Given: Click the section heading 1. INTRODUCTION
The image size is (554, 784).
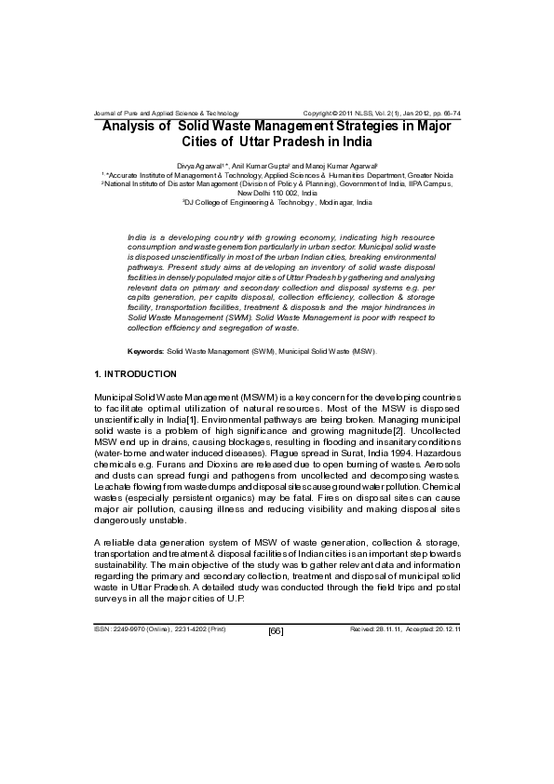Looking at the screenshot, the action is pyautogui.click(x=136, y=373).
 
